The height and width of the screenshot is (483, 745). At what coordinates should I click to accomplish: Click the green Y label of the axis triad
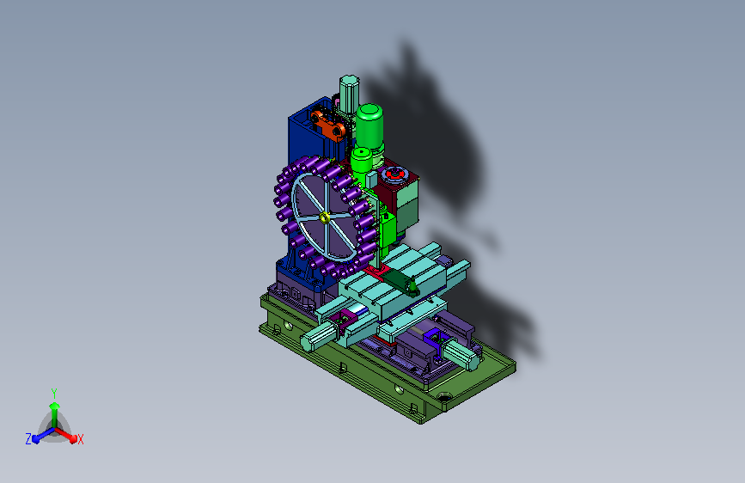point(54,394)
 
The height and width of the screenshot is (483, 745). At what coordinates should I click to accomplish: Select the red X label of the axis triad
point(80,439)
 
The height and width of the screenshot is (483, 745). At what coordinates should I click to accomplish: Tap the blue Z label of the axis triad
point(28,439)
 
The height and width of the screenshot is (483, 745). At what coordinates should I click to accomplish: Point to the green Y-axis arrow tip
point(55,406)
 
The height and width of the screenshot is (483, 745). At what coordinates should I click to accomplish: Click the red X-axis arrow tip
point(73,438)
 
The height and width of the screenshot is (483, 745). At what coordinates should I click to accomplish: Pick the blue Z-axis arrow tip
point(35,439)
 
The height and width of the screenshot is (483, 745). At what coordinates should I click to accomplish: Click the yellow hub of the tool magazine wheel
point(325,217)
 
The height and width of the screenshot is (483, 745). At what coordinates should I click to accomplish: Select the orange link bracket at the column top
point(328,125)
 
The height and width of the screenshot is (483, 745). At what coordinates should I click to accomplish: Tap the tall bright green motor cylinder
point(369,126)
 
